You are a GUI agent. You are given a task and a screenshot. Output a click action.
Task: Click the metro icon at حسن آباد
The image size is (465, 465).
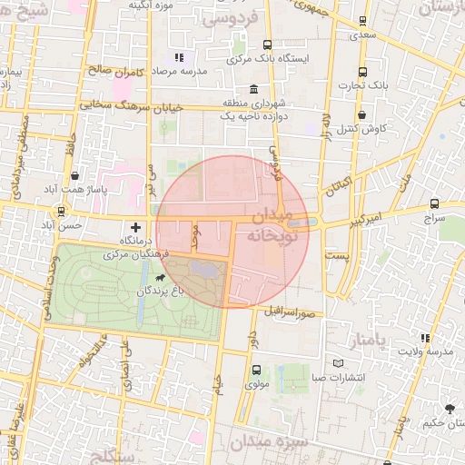[61, 211]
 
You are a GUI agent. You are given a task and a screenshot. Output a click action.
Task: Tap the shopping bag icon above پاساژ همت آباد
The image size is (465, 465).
[74, 176]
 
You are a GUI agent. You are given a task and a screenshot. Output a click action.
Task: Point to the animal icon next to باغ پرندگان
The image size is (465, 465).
[162, 277]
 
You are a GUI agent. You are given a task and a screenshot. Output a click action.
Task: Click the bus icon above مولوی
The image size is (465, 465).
[256, 370]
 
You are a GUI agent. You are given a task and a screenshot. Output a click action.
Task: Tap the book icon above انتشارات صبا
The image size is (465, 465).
[338, 363]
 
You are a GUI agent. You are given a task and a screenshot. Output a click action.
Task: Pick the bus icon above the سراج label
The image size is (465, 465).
[434, 204]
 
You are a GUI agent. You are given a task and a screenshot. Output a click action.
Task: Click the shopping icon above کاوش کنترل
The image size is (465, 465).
[362, 115]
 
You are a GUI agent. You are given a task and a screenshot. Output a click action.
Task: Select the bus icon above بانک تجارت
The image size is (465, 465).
[362, 72]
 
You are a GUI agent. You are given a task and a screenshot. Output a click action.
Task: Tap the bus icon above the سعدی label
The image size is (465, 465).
[362, 20]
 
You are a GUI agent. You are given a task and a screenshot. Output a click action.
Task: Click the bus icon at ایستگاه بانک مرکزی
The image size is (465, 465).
[267, 45]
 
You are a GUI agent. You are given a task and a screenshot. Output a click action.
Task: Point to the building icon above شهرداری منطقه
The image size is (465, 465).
[252, 90]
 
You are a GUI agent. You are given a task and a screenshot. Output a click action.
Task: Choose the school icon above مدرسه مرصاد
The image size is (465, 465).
[178, 57]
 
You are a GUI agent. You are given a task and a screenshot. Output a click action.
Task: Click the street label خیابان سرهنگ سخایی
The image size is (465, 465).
[131, 106]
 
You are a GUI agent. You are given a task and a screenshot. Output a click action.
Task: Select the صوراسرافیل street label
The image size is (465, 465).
[290, 312]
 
